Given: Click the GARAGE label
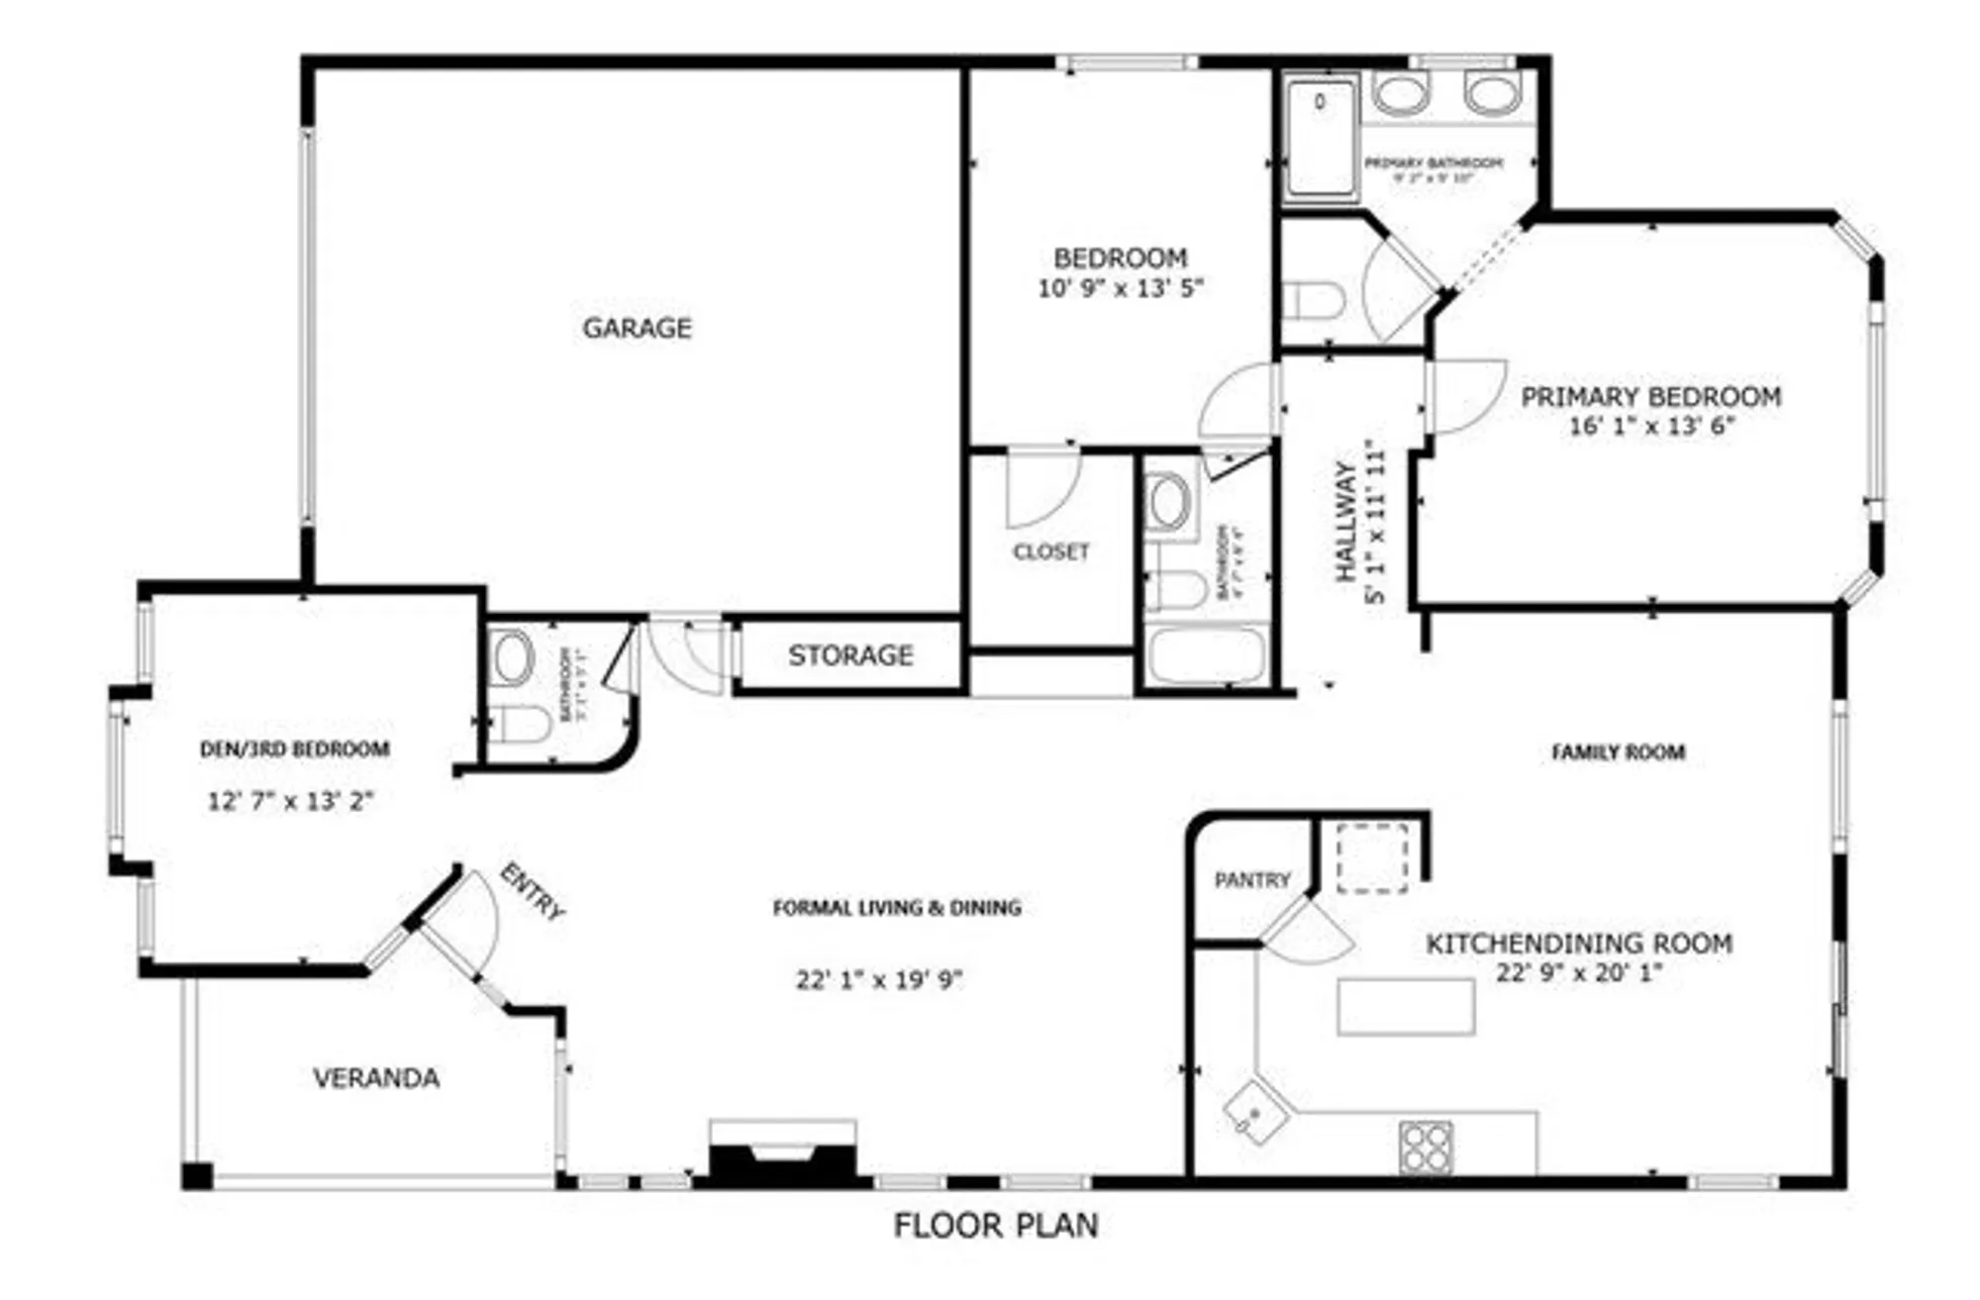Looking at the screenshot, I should [637, 328].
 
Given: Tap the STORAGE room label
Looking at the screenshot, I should [850, 655].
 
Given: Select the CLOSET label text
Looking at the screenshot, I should [1050, 551].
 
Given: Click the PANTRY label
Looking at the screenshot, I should [1252, 880].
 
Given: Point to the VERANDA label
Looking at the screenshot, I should [376, 1078].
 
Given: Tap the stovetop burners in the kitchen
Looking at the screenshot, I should [1426, 1148].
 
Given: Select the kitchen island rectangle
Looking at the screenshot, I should [1406, 1007].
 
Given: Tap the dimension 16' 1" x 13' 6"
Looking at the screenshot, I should [1651, 427].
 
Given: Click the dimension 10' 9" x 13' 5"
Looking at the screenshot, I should [1120, 288].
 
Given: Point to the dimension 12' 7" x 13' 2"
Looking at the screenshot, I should [290, 801].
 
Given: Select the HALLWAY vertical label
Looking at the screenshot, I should [1344, 522].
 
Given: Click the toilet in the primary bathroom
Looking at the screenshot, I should [1313, 300].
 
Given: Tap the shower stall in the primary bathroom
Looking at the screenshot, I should [1321, 139].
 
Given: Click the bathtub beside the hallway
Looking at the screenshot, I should [1207, 654].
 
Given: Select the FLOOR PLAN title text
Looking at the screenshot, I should [996, 1226].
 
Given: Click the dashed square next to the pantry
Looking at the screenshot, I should [1372, 857].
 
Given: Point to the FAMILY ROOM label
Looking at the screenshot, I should [1618, 752].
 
